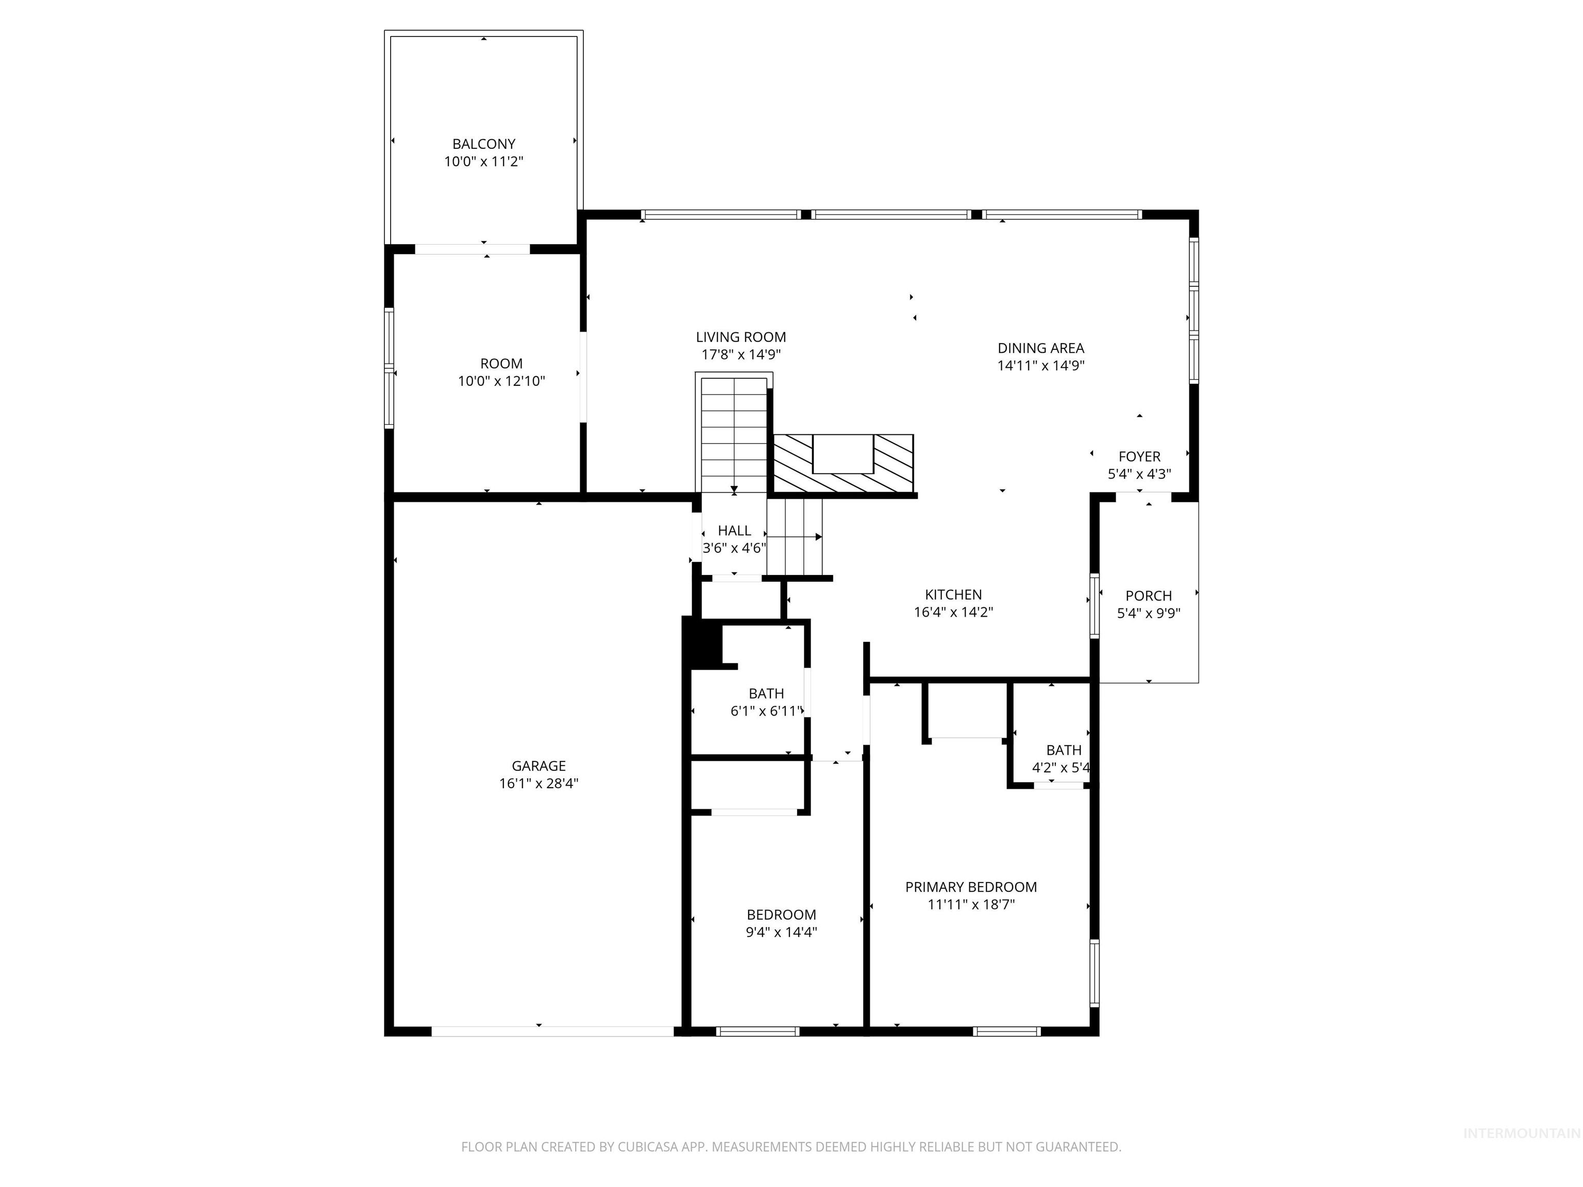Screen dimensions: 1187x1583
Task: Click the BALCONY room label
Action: coord(484,144)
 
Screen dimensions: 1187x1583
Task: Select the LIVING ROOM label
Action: coord(740,337)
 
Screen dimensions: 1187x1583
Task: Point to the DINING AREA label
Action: coord(1040,348)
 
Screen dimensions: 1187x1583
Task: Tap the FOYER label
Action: coord(1139,456)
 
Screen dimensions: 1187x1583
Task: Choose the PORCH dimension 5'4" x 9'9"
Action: coord(1148,613)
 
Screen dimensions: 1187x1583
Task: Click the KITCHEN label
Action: coord(953,595)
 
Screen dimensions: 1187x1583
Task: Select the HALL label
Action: coord(734,530)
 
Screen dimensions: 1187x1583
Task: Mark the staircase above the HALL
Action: coord(734,433)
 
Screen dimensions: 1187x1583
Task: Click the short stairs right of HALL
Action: coord(795,537)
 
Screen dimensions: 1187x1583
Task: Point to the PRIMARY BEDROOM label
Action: coord(970,887)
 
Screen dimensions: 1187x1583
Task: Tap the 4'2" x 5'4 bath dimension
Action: coord(1060,768)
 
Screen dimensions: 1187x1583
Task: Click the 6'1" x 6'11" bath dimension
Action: coord(766,711)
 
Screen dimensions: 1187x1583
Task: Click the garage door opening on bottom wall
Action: coord(552,1031)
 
